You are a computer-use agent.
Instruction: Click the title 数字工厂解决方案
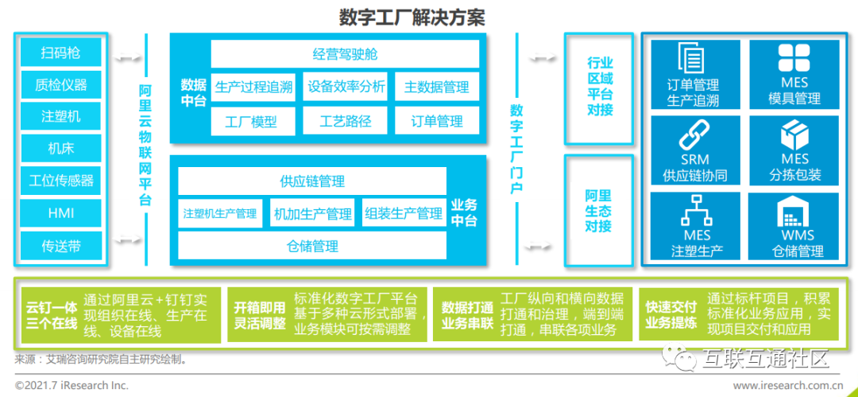tap(412, 17)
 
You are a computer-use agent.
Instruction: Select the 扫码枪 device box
tap(61, 53)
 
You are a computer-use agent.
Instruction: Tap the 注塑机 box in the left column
tap(61, 116)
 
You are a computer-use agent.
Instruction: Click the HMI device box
tap(61, 212)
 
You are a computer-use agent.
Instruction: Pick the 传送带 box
tap(61, 246)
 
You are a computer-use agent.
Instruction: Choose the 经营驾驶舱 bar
tap(345, 54)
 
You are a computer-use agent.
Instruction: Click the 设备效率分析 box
tap(346, 87)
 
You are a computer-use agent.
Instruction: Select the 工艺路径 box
tap(345, 121)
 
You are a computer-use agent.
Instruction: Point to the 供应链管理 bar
tap(312, 181)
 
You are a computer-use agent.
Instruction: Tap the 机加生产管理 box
tap(312, 214)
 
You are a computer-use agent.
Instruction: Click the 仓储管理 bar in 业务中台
tap(312, 247)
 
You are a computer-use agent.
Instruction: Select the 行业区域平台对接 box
tap(600, 87)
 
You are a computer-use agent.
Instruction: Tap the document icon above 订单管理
tap(693, 59)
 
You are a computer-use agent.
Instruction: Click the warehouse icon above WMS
tap(797, 213)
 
